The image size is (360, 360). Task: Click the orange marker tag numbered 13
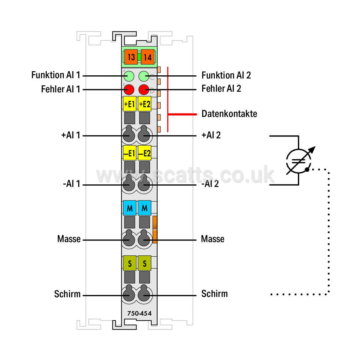pyautogui.click(x=131, y=57)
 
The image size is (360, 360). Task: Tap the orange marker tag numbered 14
pyautogui.click(x=148, y=57)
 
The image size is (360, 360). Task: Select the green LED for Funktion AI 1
pyautogui.click(x=129, y=76)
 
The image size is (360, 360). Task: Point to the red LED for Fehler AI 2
pyautogui.click(x=144, y=90)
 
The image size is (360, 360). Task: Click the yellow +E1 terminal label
pyautogui.click(x=130, y=104)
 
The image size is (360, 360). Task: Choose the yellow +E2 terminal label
pyautogui.click(x=145, y=104)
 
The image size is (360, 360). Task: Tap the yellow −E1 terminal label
pyautogui.click(x=130, y=153)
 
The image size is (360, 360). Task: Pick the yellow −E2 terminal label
pyautogui.click(x=145, y=153)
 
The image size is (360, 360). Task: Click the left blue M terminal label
pyautogui.click(x=130, y=208)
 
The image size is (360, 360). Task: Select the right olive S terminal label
pyautogui.click(x=145, y=263)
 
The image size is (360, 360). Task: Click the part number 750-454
pyautogui.click(x=139, y=313)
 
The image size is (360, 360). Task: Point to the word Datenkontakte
pyautogui.click(x=229, y=114)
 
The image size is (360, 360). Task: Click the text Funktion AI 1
pyautogui.click(x=56, y=75)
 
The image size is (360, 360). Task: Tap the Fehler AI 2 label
pyautogui.click(x=221, y=88)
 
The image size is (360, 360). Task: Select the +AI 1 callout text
pyautogui.click(x=71, y=135)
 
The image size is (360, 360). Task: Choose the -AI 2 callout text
pyautogui.click(x=210, y=184)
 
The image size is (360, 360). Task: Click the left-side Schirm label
pyautogui.click(x=67, y=294)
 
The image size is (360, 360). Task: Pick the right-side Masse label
pyautogui.click(x=212, y=239)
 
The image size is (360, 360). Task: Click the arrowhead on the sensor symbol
pyautogui.click(x=312, y=150)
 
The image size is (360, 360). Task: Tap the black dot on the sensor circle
pyautogui.click(x=307, y=170)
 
